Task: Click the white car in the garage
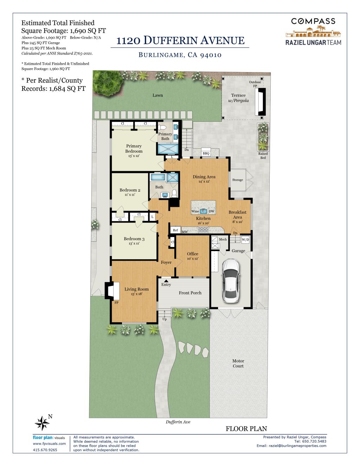coord(231,281)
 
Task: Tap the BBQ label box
coord(206,153)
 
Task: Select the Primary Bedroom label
coord(134,148)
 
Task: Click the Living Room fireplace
coord(112,291)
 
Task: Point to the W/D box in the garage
coord(245,240)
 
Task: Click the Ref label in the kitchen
coord(175,230)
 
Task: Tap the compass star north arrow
coord(42,423)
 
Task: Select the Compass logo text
coord(313,21)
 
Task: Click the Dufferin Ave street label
coord(178,422)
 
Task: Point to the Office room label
coord(193,254)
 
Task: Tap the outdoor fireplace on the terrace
coord(261,102)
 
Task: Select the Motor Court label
coord(238,363)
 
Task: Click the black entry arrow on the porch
coord(166,281)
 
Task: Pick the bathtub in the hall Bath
coord(158,177)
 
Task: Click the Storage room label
coord(238,180)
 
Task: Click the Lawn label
coord(157,95)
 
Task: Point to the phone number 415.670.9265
coord(45,450)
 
